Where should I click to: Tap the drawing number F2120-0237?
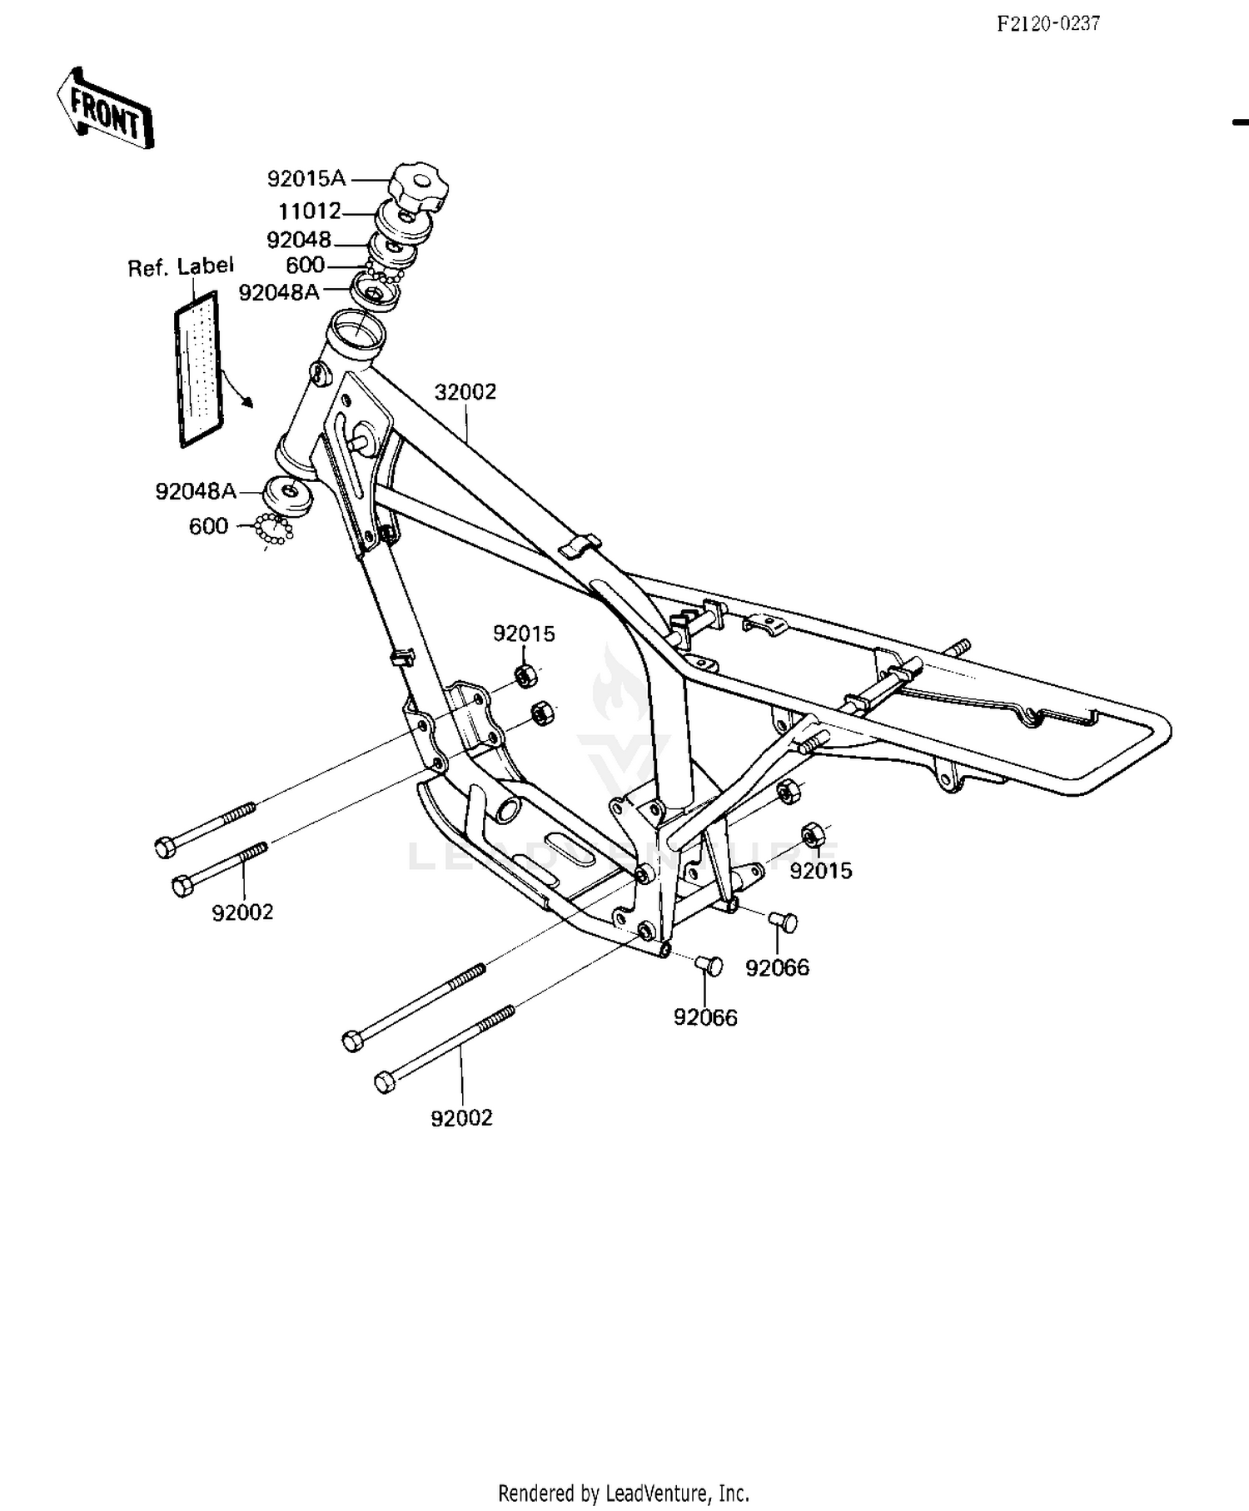(1048, 23)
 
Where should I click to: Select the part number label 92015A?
(306, 179)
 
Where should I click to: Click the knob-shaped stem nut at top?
(420, 186)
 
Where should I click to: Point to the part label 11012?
(310, 211)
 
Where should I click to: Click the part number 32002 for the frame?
(465, 391)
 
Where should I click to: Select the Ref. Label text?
(181, 267)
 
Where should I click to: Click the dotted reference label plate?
(198, 369)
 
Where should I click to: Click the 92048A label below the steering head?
(196, 492)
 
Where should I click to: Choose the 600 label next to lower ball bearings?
(208, 526)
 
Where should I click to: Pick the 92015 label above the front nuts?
(524, 634)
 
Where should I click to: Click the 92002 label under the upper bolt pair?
(242, 912)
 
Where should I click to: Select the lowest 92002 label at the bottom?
(461, 1118)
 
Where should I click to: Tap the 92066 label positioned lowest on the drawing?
(705, 1017)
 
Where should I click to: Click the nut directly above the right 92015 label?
(813, 833)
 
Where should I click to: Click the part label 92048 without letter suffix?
(299, 240)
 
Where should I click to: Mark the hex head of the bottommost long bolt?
(385, 1083)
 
